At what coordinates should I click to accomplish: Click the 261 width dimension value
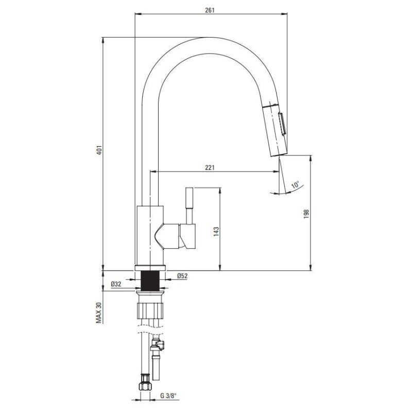coord(210,10)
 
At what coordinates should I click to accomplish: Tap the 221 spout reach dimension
coord(210,168)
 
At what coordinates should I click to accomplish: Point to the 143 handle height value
coord(216,232)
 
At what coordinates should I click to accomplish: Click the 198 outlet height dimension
coord(306,214)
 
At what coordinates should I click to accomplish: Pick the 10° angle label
coord(295,185)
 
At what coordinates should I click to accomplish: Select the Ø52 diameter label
coord(182,276)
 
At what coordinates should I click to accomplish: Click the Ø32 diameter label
coord(116,284)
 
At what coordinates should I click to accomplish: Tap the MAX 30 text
coord(99,313)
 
